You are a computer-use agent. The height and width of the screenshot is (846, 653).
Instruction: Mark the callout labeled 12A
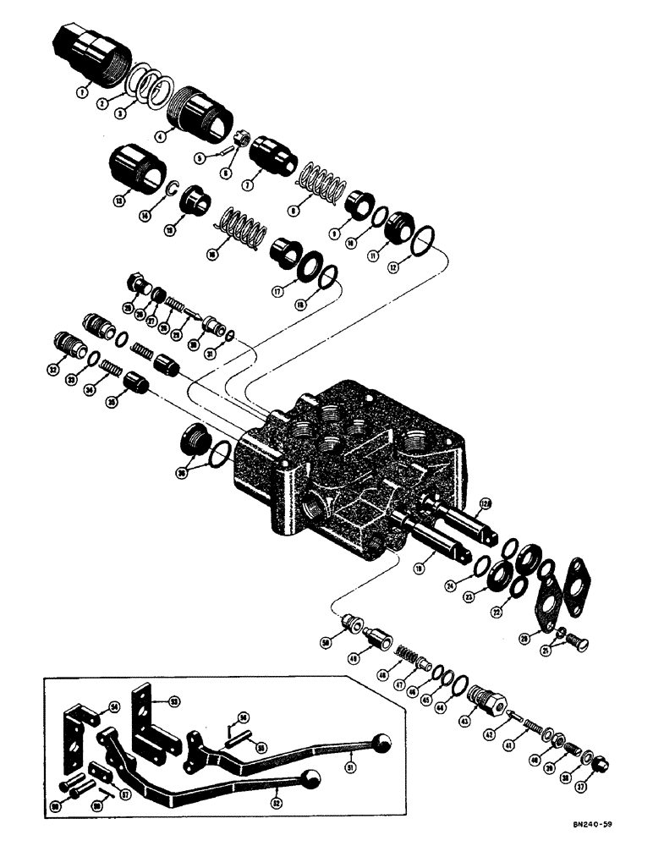point(485,504)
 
